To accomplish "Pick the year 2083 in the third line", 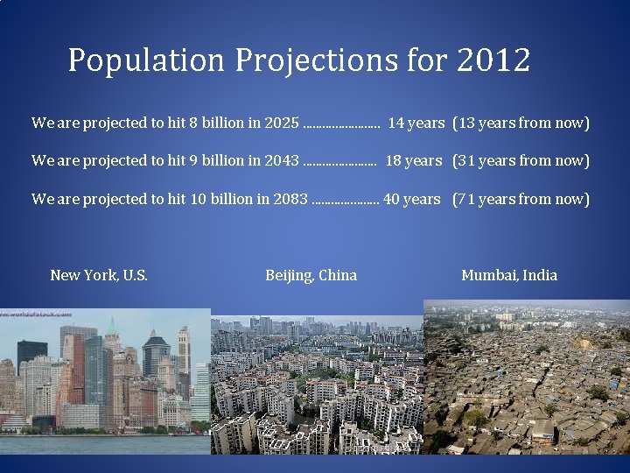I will tap(290, 200).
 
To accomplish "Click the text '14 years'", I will tap(416, 123).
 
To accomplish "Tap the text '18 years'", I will tap(414, 161).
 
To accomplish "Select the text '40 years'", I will tap(412, 200).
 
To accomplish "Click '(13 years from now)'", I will tap(521, 123).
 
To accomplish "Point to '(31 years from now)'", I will tap(521, 161).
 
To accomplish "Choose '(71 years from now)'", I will tap(521, 200).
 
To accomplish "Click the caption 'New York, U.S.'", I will tap(99, 276).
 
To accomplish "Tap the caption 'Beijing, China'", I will tap(311, 276).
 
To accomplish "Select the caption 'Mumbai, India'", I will tap(509, 276).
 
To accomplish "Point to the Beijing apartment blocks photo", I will tap(317, 385).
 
